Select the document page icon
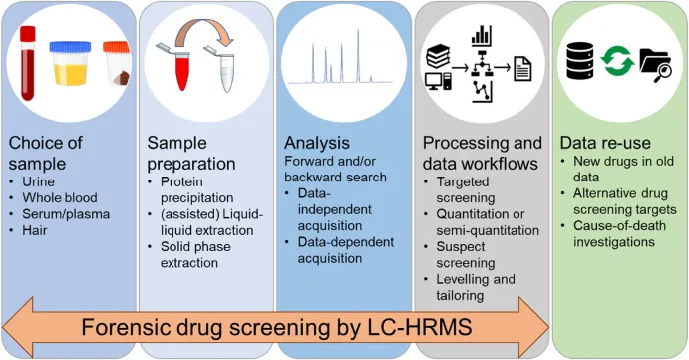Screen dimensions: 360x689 pyautogui.click(x=522, y=70)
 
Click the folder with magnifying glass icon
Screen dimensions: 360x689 pyautogui.click(x=656, y=63)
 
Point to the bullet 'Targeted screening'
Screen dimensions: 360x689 pyautogui.click(x=465, y=189)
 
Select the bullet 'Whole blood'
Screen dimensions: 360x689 pyautogui.click(x=61, y=196)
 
